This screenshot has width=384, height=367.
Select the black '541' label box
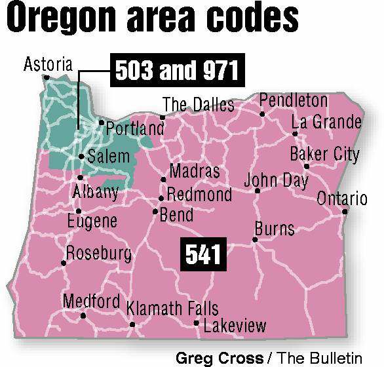click(x=203, y=254)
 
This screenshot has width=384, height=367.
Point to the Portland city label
click(x=135, y=128)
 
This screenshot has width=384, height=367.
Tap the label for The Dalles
click(x=199, y=104)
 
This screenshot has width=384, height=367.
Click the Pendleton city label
click(x=294, y=100)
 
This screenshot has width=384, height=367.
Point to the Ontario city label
click(x=342, y=199)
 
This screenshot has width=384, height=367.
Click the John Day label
click(x=276, y=180)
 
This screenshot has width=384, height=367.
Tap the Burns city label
click(x=275, y=229)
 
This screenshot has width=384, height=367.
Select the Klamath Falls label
click(x=172, y=308)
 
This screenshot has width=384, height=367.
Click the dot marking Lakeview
click(x=197, y=323)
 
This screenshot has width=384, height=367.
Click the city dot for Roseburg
click(x=64, y=263)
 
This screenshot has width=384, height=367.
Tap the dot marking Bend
click(x=155, y=212)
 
